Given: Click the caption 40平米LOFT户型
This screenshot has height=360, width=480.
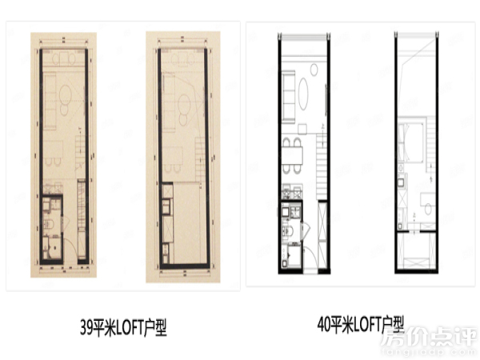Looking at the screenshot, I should tap(362, 325).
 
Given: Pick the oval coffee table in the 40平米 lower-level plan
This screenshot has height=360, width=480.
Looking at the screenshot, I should tap(308, 89).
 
